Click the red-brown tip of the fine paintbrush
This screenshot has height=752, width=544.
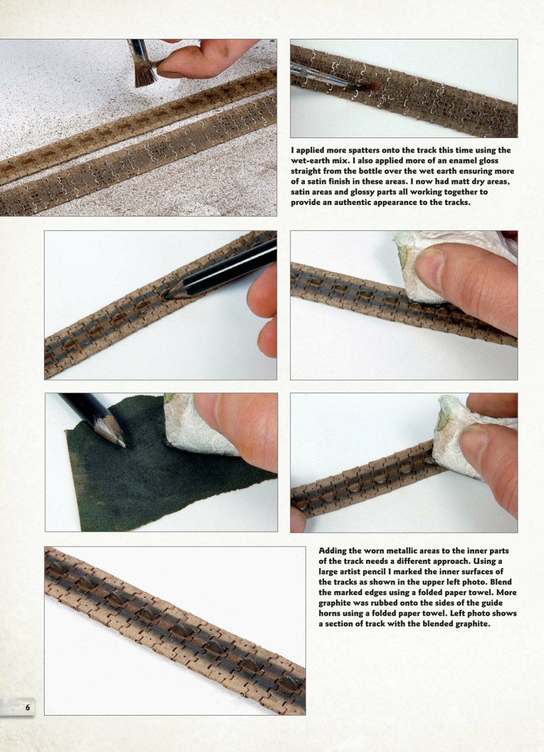click(x=372, y=88)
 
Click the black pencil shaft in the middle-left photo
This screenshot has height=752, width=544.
click(x=231, y=268)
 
